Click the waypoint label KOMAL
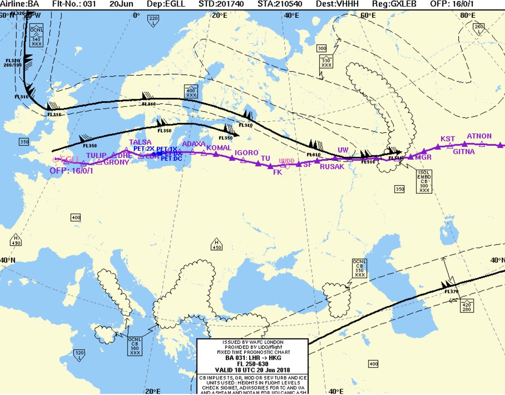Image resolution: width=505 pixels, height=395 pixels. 219,148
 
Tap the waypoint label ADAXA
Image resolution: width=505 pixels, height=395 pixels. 194,144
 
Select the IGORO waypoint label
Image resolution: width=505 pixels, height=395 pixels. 246,153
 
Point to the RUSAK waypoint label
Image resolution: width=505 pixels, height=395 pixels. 332,167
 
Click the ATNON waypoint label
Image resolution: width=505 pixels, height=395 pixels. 479,136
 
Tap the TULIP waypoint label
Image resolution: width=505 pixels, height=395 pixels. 96,155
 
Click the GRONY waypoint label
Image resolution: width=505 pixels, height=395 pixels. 116,162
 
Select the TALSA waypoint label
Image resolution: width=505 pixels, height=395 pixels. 140,142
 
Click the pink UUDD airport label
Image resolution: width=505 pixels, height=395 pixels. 287,161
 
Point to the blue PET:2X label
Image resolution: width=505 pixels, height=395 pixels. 144,149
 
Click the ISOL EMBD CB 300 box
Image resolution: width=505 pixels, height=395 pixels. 424,181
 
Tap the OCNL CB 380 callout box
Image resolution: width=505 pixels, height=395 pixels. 135,346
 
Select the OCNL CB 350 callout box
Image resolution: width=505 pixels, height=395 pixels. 359,268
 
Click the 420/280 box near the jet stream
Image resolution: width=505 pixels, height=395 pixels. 467,305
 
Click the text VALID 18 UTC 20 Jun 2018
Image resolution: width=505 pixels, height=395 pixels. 252,370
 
